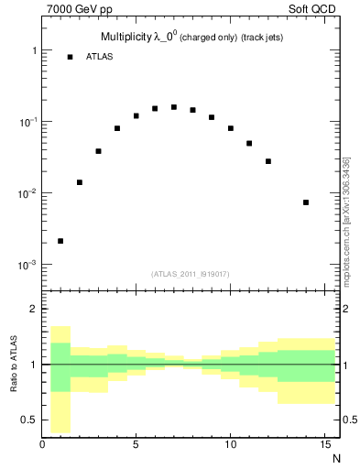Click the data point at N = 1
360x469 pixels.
pyautogui.click(x=60, y=241)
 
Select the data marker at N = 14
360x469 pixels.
pyautogui.click(x=306, y=202)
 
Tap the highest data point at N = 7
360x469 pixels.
pyautogui.click(x=174, y=107)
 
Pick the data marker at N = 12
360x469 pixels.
pyautogui.click(x=268, y=161)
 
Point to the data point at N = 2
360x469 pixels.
pyautogui.click(x=80, y=182)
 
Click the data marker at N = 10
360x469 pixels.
pyautogui.click(x=231, y=128)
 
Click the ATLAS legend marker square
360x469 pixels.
pyautogui.click(x=70, y=57)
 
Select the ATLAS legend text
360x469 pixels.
pyautogui.click(x=98, y=57)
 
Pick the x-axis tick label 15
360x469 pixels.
pyautogui.click(x=324, y=446)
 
